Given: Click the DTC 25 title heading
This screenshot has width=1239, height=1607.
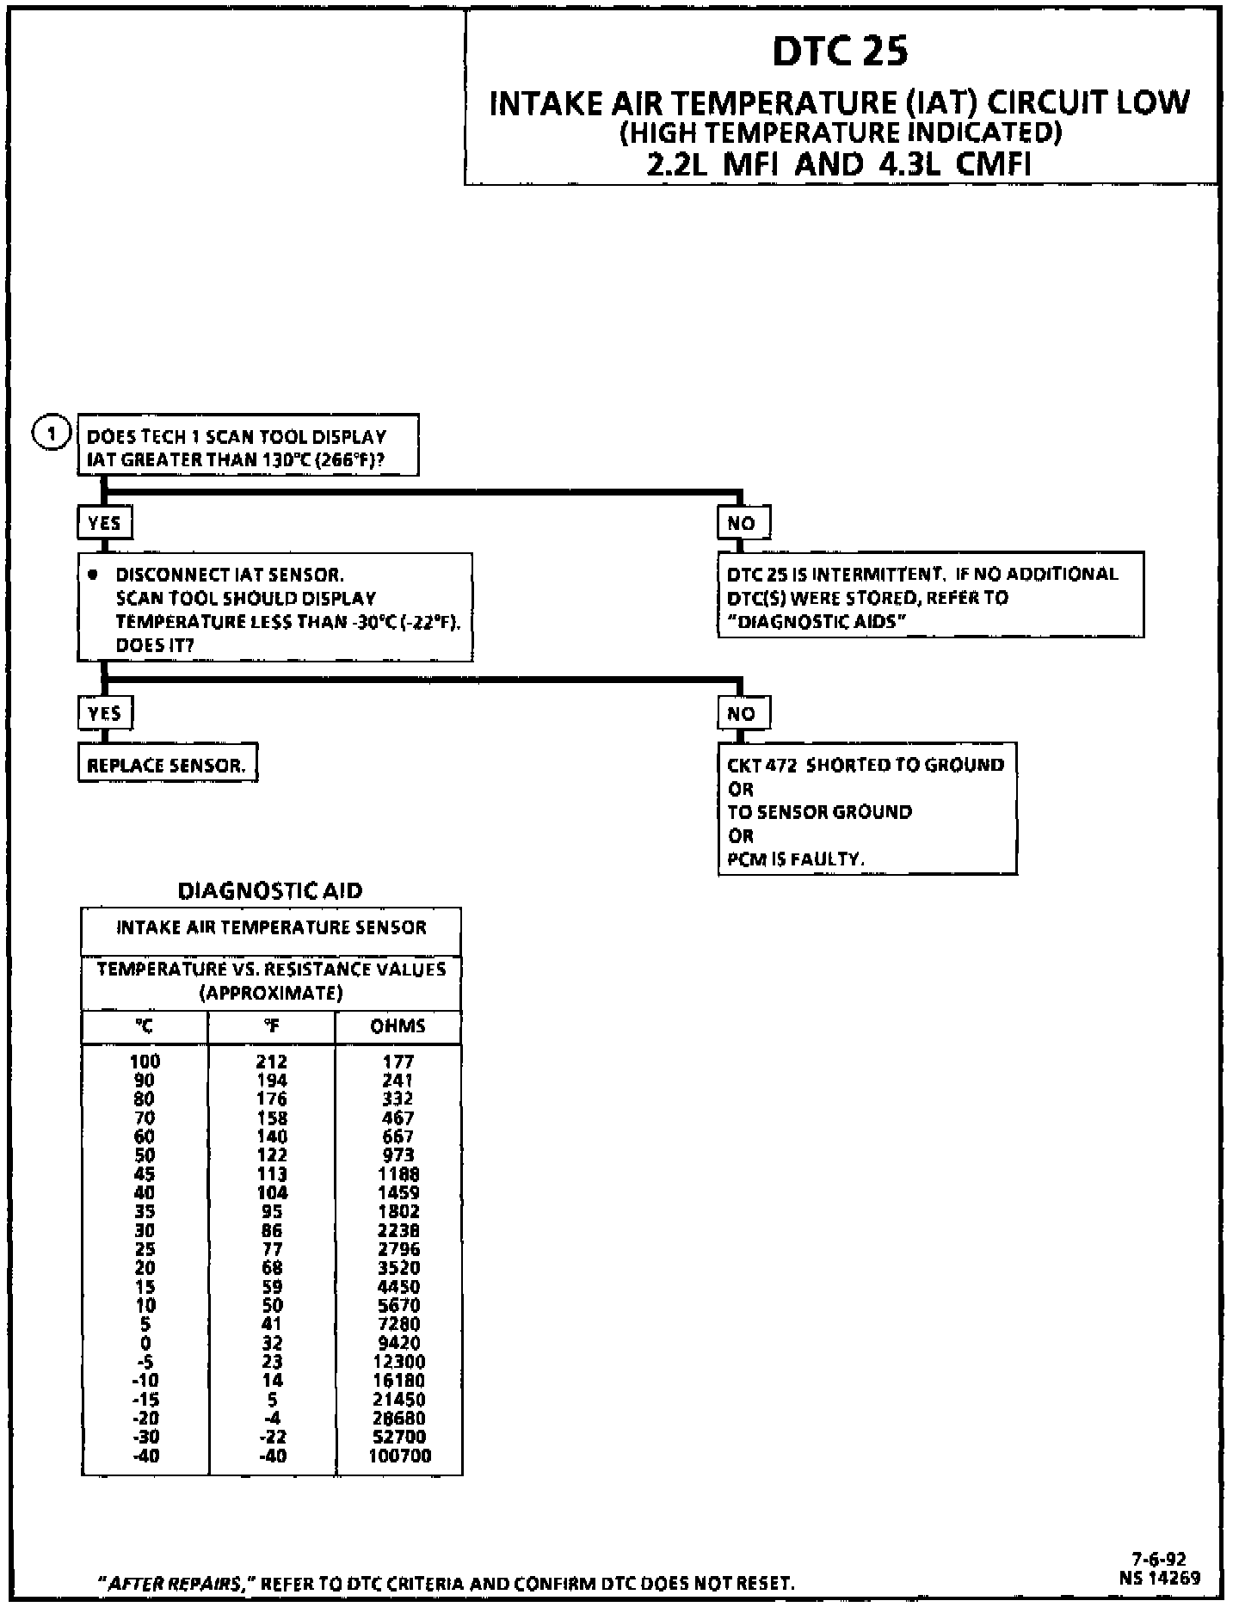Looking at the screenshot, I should (840, 51).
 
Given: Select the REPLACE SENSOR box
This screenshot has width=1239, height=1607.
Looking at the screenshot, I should (167, 764).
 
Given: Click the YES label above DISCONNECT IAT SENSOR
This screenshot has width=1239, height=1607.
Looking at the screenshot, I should (105, 522).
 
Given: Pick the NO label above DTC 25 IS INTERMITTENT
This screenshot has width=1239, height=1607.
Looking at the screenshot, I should (743, 522).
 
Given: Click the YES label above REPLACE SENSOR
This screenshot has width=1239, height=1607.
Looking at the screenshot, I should (105, 712).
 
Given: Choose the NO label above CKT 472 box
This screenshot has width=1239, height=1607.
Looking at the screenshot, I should (743, 712).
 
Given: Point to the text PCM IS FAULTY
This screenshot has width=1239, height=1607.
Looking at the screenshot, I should (796, 859).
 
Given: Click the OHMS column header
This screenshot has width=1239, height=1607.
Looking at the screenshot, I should (398, 1025).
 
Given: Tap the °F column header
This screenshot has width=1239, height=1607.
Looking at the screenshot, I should (271, 1025).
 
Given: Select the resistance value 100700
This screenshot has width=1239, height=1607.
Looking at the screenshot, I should (399, 1456).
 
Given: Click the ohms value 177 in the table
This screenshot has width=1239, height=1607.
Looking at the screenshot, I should (398, 1062).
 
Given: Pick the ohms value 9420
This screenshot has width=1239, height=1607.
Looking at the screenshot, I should (399, 1343).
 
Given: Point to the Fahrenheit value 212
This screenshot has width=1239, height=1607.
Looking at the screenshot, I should (272, 1062).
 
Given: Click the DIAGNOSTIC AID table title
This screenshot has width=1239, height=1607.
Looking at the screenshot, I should (270, 890).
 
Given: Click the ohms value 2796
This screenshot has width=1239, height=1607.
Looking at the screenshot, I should (399, 1249).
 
